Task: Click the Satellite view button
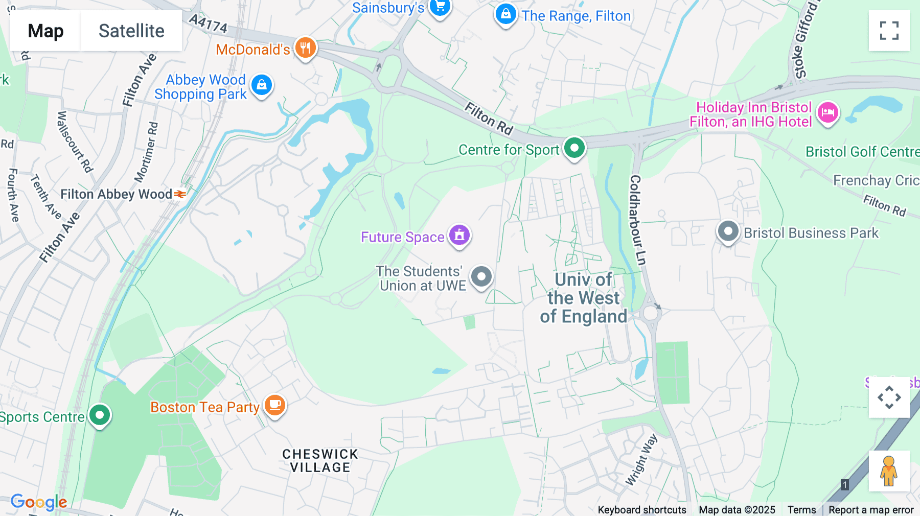pos(131,31)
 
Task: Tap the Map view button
pos(45,31)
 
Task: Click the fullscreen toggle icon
pos(889,31)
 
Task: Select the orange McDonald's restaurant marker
pos(305,49)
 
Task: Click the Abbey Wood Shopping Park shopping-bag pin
pos(262,85)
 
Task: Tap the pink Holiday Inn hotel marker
pos(827,113)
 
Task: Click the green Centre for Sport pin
pos(574,148)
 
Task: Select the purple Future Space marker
pos(459,236)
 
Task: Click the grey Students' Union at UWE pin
pos(481,277)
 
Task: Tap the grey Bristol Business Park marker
pos(728,232)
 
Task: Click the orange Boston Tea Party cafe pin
pos(275,406)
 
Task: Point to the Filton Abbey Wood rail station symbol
pos(180,194)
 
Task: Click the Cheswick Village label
pos(320,461)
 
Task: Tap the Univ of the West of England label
pos(583,298)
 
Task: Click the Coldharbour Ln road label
pos(637,220)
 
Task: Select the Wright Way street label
pos(641,460)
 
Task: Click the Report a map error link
pos(871,510)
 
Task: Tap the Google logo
pos(39,502)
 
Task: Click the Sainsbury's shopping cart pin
pos(440,7)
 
